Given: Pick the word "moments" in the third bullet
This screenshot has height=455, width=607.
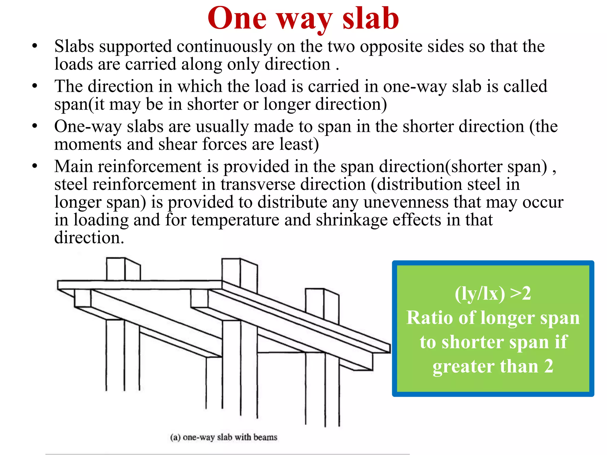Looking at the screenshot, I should tap(88, 144).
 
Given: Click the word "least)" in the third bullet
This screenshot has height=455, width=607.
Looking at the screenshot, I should tap(299, 144).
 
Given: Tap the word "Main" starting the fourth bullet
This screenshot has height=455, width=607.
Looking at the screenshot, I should tap(74, 166).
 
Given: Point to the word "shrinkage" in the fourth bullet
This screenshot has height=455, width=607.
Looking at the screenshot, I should tap(352, 220).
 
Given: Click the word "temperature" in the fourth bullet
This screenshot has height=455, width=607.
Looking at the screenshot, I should tap(235, 220).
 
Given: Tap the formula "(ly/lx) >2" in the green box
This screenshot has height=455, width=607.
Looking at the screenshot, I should tap(493, 294).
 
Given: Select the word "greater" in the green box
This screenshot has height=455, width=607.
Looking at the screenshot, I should tap(464, 366).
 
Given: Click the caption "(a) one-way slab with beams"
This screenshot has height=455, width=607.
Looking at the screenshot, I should tap(224, 437).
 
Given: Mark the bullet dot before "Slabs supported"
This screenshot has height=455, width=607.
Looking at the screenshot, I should tap(35, 46).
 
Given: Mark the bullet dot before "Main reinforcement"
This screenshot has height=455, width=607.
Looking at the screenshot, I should tap(35, 166).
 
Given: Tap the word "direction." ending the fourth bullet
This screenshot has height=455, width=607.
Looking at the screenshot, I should tap(89, 238).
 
